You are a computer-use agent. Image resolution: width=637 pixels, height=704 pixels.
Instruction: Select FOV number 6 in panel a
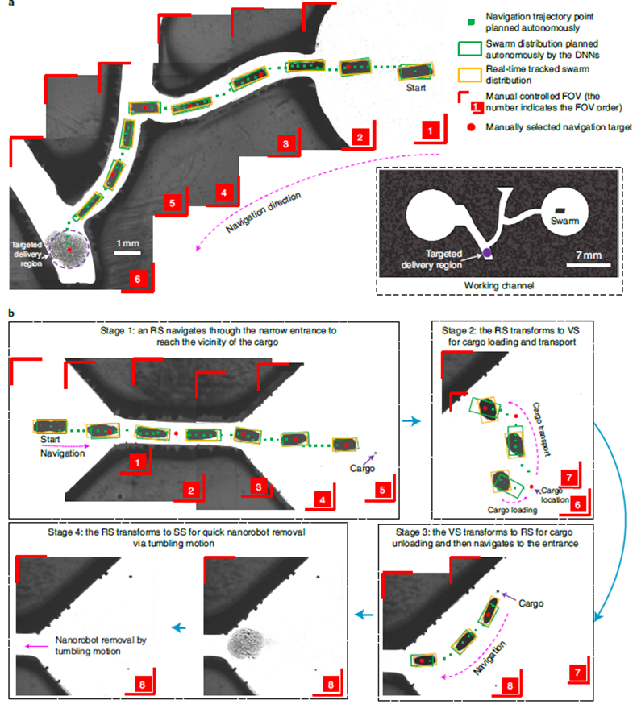pyautogui.click(x=138, y=279)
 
